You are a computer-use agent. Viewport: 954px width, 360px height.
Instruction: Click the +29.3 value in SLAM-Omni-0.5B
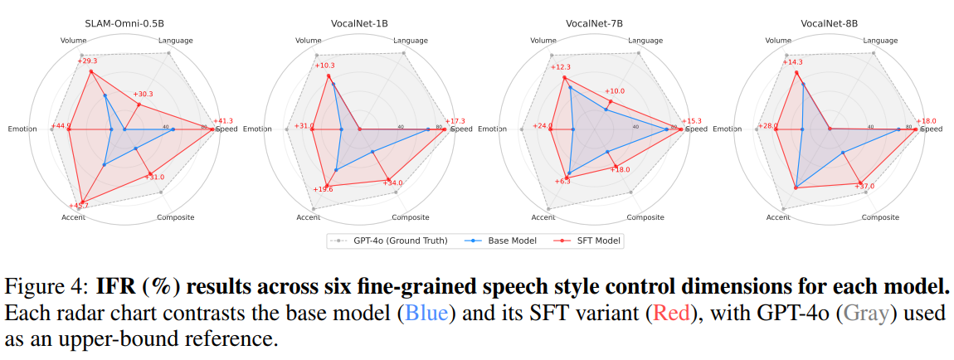pyautogui.click(x=87, y=61)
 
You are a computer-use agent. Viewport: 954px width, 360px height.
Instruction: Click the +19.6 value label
pyautogui.click(x=324, y=190)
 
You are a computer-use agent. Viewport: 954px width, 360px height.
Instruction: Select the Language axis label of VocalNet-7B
pyautogui.click(x=645, y=40)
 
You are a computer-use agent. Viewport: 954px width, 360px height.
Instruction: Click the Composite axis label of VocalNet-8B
pyautogui.click(x=880, y=217)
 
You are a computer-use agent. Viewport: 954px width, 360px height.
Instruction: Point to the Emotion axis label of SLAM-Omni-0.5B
pyautogui.click(x=22, y=129)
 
